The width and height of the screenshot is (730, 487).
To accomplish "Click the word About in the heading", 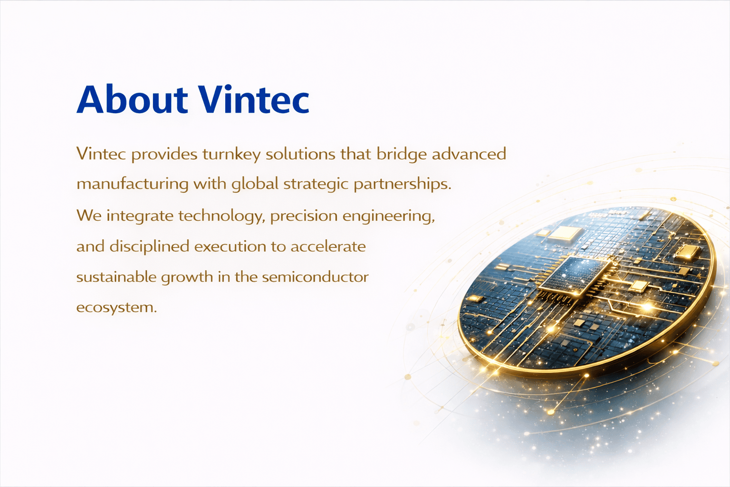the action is (132, 99).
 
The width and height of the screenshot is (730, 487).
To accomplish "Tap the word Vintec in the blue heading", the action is (253, 98).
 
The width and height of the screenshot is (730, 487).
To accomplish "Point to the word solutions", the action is (300, 154).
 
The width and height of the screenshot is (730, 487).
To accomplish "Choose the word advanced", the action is (469, 154).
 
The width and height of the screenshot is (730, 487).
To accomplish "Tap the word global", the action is (255, 184).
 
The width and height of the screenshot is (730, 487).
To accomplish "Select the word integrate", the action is (140, 216).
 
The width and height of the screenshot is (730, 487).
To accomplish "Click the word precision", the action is (304, 216).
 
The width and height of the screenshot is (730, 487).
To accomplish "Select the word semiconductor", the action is (315, 277).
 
